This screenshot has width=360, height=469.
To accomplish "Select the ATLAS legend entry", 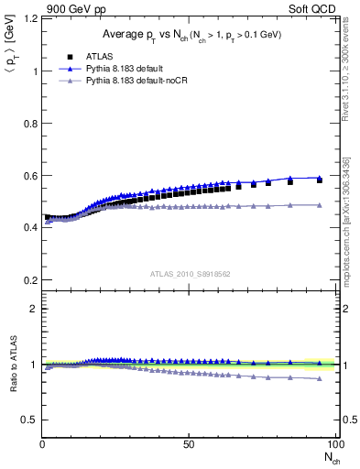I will click(x=99, y=56).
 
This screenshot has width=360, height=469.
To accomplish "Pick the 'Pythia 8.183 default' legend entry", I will click(x=124, y=69).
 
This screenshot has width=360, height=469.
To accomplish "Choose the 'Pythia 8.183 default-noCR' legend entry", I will click(x=134, y=82).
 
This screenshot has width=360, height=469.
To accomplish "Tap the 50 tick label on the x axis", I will click(x=189, y=444).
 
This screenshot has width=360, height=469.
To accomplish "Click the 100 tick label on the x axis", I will click(x=333, y=444).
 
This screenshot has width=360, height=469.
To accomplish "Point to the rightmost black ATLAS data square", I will click(x=319, y=180).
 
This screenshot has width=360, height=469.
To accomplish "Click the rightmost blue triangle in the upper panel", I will click(x=319, y=178).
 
